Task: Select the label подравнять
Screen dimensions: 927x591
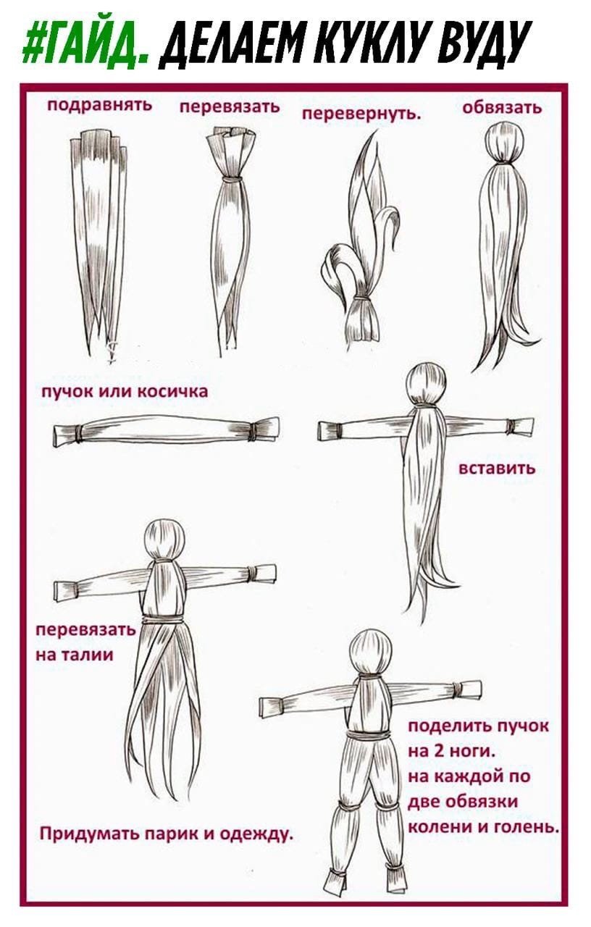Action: click(x=100, y=104)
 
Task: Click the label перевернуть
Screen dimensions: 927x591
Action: click(x=361, y=114)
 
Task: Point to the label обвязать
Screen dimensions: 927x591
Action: click(x=502, y=108)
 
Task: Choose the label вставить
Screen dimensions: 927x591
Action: click(x=498, y=468)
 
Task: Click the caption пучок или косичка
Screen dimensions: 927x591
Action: click(x=125, y=392)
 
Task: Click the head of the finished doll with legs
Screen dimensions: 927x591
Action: click(x=370, y=652)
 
